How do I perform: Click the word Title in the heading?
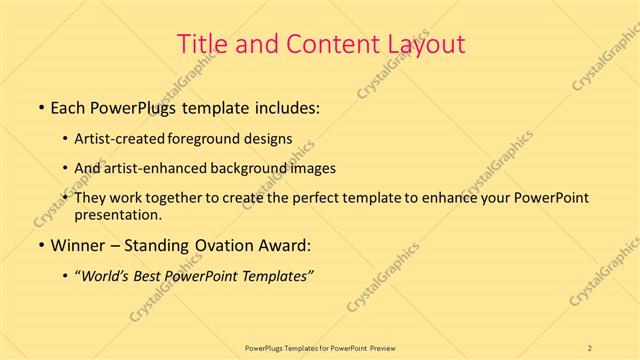tap(199, 44)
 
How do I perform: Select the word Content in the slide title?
tap(324, 44)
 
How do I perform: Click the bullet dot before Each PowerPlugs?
tap(41, 105)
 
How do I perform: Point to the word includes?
tap(284, 105)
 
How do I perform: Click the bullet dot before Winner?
tap(41, 245)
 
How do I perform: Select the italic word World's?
tap(110, 277)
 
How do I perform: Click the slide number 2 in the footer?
tap(590, 347)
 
